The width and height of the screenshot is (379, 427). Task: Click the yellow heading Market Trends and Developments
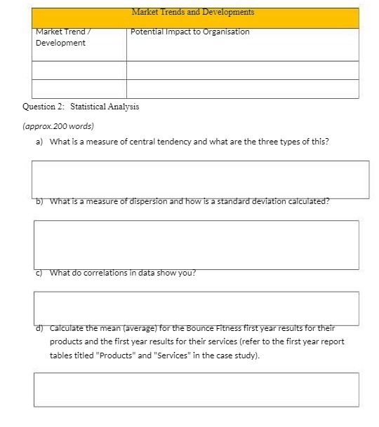193,13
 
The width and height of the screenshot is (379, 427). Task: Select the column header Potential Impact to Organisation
190,32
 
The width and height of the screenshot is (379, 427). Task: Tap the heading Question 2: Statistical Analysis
81,107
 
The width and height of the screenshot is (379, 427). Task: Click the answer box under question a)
200,179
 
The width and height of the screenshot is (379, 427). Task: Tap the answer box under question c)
196,308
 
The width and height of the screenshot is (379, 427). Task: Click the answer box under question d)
196,389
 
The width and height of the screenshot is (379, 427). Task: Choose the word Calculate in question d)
68,328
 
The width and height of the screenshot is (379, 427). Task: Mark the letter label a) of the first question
39,142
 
